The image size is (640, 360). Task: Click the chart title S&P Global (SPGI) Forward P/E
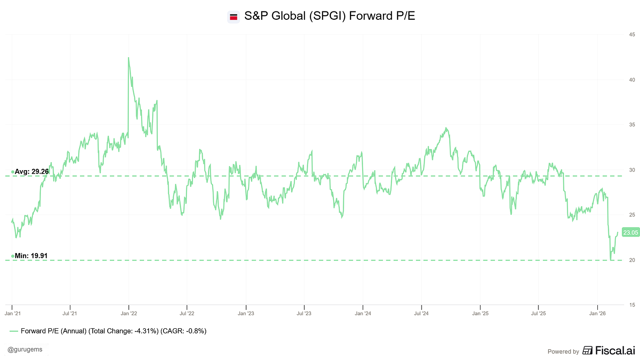click(329, 17)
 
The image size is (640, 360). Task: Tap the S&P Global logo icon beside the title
click(233, 17)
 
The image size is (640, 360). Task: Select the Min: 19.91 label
click(31, 255)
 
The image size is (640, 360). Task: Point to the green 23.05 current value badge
click(630, 233)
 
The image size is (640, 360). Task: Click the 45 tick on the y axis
click(631, 35)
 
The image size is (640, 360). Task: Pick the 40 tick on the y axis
click(631, 80)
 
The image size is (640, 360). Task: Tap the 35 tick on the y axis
click(631, 125)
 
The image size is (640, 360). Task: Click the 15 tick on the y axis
click(631, 305)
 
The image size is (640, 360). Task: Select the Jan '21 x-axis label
click(12, 313)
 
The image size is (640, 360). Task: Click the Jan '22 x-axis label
click(128, 313)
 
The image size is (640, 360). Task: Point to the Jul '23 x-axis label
click(304, 313)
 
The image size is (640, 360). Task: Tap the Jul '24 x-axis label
click(422, 313)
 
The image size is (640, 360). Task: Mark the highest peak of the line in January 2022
click(128, 58)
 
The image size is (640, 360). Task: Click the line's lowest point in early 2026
click(611, 260)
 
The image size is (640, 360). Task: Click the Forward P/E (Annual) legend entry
click(108, 331)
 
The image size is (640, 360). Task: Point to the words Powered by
click(563, 351)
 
